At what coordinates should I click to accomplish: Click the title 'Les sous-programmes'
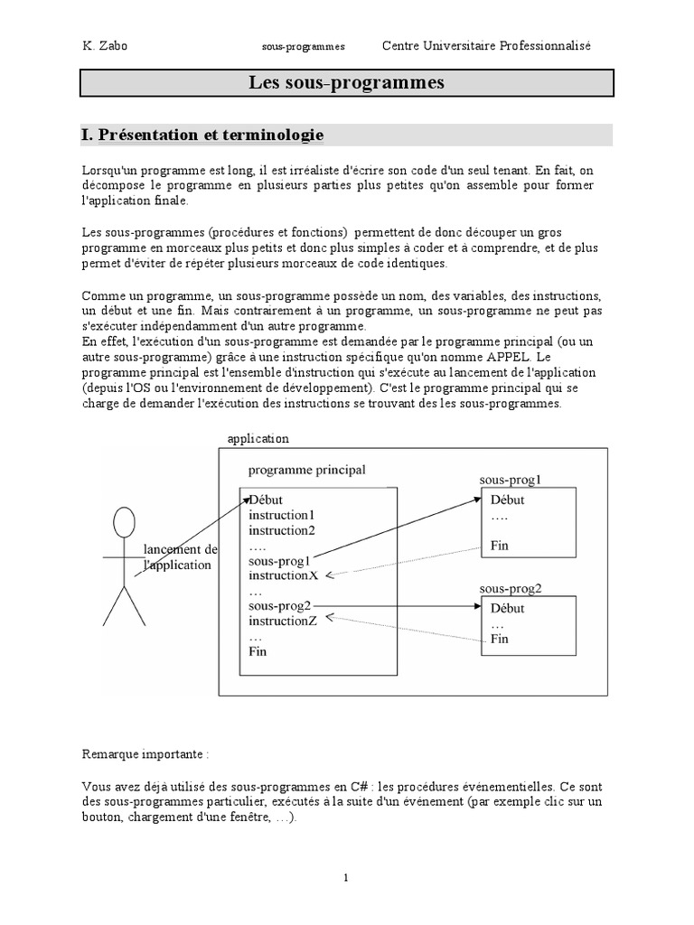(347, 83)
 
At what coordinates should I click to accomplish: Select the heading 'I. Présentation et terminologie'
(202, 135)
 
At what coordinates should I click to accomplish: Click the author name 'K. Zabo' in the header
(104, 46)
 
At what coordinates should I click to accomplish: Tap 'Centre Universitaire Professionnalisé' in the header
(486, 46)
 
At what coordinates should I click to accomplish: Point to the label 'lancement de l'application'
(181, 557)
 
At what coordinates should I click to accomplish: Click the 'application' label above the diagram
(258, 438)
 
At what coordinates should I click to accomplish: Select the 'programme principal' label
(307, 470)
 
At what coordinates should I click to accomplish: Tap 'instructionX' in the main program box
(284, 575)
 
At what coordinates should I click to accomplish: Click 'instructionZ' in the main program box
(283, 621)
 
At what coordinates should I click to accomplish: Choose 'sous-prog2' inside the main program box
(279, 605)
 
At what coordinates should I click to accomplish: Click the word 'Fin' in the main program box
(258, 650)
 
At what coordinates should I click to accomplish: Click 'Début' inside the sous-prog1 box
(507, 500)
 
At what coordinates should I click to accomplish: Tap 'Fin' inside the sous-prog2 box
(500, 639)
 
